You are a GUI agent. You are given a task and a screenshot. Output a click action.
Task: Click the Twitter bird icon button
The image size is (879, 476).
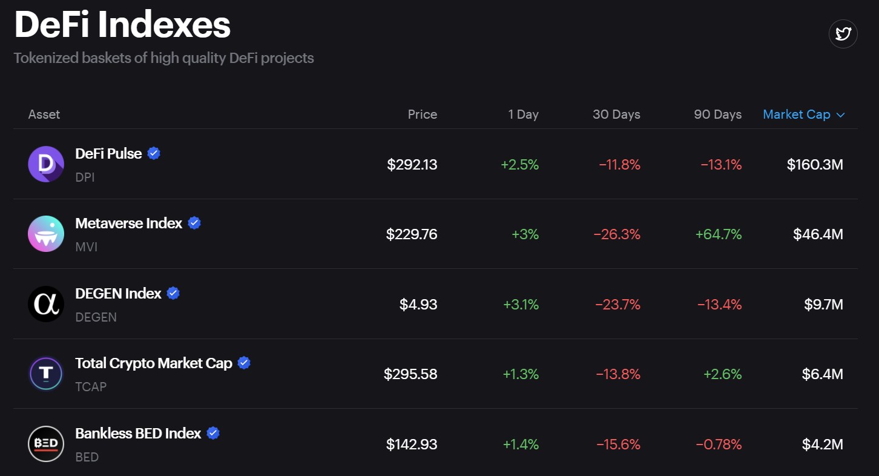pos(843,34)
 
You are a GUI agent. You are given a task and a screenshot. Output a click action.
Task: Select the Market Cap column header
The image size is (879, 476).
pos(796,114)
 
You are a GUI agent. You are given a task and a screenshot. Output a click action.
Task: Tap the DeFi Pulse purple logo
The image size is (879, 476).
pos(46,164)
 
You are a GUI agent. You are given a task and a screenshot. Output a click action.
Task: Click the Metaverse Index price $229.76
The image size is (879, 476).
pos(412,234)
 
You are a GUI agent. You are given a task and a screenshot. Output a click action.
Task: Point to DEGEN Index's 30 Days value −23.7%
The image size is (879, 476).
pos(617,305)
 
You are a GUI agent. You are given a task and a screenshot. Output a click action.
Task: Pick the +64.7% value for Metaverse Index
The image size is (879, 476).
pos(719,234)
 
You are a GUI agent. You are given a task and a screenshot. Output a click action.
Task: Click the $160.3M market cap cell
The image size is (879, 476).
pos(815,165)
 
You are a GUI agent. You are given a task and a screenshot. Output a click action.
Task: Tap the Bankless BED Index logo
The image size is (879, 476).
pos(46,444)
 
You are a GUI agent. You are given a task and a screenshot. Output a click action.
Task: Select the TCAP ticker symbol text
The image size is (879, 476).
pos(91,386)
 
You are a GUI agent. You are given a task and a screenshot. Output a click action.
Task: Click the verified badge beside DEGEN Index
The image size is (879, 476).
pos(173,294)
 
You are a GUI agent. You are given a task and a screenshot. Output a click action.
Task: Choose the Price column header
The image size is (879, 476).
pos(422,114)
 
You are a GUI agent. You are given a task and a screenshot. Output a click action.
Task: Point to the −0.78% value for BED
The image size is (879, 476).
pos(719,445)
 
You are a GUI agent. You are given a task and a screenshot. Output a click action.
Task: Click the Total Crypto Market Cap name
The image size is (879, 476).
pos(154,363)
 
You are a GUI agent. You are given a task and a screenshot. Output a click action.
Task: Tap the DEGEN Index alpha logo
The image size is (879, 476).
pos(46,304)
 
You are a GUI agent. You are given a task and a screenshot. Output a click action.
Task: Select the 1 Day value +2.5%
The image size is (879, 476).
pos(519,165)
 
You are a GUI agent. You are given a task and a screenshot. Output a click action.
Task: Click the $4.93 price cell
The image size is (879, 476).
pos(418,305)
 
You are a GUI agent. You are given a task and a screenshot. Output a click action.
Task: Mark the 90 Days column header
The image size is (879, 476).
pos(717,114)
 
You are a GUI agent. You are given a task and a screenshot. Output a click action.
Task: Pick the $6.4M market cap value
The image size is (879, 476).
pos(822,374)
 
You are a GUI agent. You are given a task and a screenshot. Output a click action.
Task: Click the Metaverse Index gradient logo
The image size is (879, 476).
pos(46,234)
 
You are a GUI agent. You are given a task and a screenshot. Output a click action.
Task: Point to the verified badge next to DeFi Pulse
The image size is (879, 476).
pos(154,154)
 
